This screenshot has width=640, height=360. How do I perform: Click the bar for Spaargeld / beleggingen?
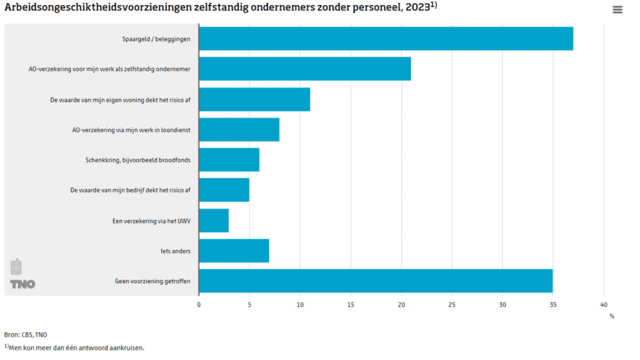pos(386,39)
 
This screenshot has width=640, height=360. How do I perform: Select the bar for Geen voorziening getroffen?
pos(376,281)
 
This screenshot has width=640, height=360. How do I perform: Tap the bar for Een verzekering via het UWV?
pos(214,221)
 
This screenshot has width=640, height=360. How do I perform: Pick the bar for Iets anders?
pos(234,251)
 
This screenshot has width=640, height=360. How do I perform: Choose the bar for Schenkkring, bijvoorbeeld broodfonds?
pos(229,160)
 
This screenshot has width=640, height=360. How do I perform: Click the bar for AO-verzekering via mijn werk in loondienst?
pos(239,129)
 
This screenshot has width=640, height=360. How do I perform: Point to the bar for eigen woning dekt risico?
pos(254,99)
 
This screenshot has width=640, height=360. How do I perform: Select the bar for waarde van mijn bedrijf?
pos(224,190)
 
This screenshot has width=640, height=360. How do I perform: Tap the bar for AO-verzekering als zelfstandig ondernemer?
pos(305,69)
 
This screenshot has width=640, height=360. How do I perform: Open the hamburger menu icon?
pos(617,9)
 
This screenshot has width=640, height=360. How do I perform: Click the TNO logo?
pos(22,284)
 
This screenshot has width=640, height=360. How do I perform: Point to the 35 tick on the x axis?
pos(553,305)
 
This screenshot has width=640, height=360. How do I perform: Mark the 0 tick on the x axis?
pos(199,305)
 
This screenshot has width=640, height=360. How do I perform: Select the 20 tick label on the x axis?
pos(401,305)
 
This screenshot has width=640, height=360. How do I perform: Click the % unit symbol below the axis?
pos(612,316)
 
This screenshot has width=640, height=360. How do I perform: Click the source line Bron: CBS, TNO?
pos(26,335)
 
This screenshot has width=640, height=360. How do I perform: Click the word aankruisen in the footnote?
pos(127,348)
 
